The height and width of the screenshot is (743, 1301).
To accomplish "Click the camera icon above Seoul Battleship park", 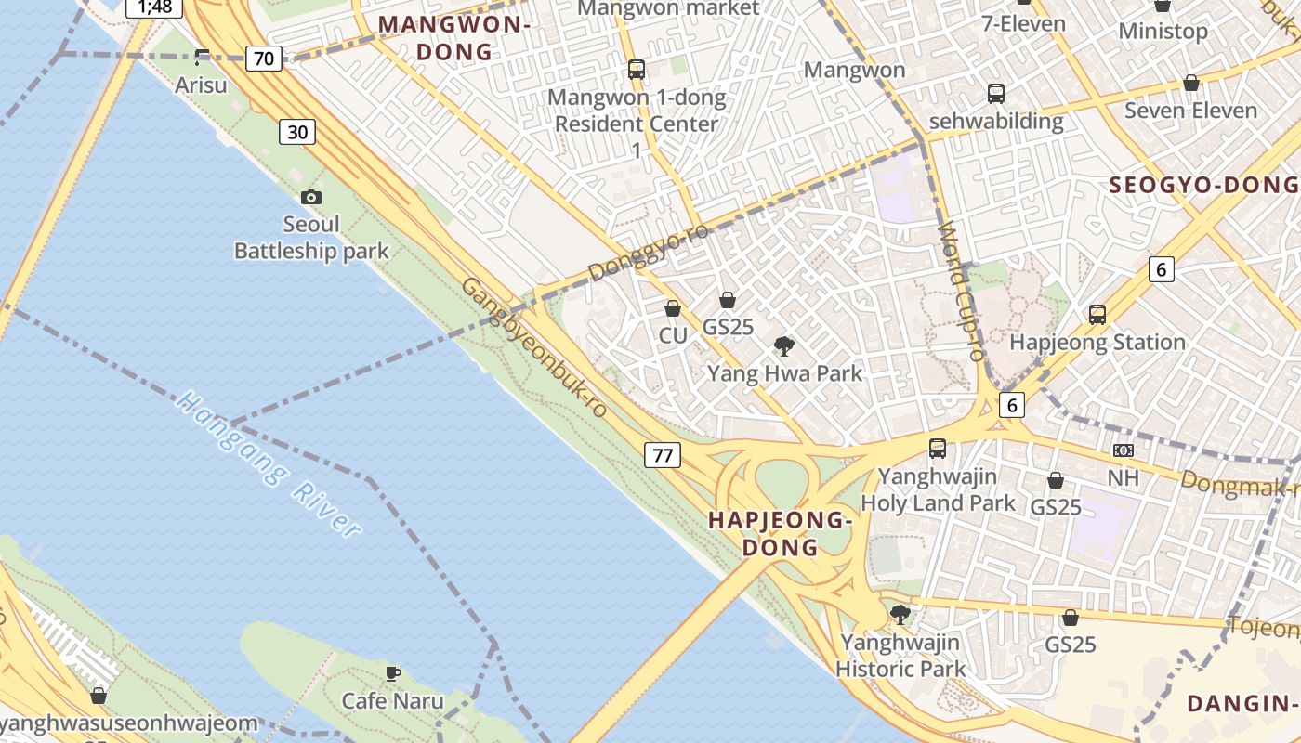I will [x=311, y=197].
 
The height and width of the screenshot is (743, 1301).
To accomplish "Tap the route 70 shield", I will [x=264, y=59].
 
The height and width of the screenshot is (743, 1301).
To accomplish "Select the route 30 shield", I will [x=297, y=132].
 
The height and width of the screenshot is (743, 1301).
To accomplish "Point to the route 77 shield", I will [x=663, y=455].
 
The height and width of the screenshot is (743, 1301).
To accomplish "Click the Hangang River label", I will [x=268, y=464].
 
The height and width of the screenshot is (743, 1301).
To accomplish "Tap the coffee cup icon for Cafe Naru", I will [x=393, y=673].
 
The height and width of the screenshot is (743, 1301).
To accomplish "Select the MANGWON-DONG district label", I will [x=454, y=38].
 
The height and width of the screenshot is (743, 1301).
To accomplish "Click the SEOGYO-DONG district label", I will [x=1204, y=185].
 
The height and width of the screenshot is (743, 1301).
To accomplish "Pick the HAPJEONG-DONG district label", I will [x=781, y=533].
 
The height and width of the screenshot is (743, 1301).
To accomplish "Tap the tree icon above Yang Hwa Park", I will [x=784, y=346].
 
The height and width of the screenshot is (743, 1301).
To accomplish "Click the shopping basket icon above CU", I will [x=673, y=308].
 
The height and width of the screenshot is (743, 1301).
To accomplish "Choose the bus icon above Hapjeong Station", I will [x=1097, y=315].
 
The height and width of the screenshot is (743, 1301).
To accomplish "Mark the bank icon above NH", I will [x=1123, y=450].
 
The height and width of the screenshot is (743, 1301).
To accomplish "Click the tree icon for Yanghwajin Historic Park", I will [x=900, y=614].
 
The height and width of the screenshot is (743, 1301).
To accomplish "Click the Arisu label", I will [x=201, y=85].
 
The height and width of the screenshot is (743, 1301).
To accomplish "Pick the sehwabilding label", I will [x=996, y=121].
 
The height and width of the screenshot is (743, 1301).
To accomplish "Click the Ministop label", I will [x=1163, y=31].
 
